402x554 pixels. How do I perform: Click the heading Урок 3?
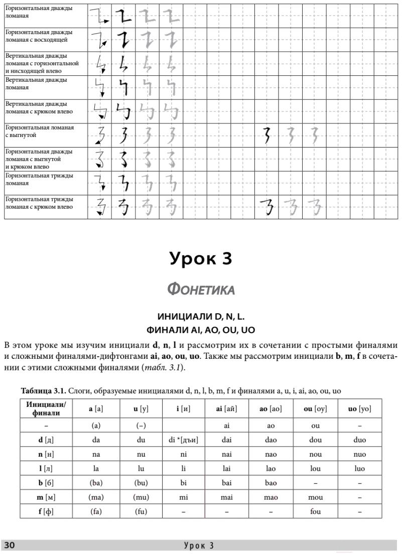[201, 259]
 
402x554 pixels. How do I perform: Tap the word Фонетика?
[201, 290]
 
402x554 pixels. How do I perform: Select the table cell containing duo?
[359, 440]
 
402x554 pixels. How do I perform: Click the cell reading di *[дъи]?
[184, 440]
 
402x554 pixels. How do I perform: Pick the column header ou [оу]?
[315, 409]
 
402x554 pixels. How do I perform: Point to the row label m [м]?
[46, 497]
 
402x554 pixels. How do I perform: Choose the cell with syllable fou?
[315, 512]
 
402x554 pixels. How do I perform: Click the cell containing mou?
[315, 497]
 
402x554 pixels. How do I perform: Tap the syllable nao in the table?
[271, 455]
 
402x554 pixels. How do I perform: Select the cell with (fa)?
[96, 512]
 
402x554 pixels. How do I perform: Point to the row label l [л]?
[46, 469]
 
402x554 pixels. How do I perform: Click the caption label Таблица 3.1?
[42, 390]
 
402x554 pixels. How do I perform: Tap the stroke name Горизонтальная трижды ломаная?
[39, 179]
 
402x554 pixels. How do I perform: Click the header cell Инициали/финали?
[46, 409]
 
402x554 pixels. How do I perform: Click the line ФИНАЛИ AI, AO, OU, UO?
[201, 331]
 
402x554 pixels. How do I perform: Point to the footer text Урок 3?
[199, 546]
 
